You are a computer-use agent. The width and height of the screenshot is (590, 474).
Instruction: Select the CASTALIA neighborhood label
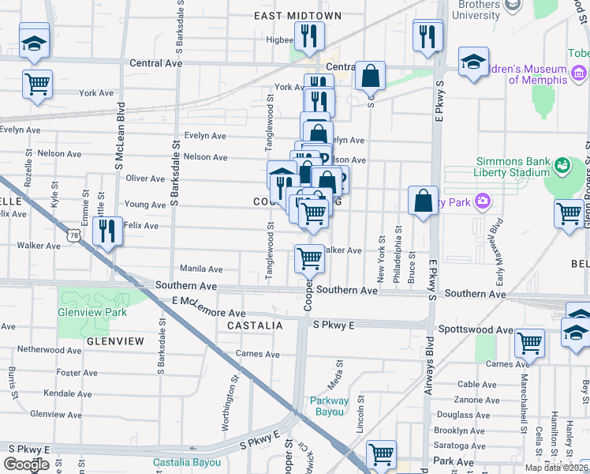[x=255, y=325]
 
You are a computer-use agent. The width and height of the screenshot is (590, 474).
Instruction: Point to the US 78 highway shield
[x=74, y=235]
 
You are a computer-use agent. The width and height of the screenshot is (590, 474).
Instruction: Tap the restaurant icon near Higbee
[x=308, y=36]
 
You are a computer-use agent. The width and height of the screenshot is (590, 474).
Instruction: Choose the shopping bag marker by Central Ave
[x=370, y=76]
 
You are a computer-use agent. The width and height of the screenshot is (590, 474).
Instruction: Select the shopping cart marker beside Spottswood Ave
[x=529, y=343]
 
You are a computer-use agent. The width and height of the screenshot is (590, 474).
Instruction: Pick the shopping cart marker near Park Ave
[x=381, y=454]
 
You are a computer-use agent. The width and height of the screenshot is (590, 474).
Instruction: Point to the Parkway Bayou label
[x=328, y=406]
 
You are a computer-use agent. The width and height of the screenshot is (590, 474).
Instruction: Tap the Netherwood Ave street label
[x=45, y=348]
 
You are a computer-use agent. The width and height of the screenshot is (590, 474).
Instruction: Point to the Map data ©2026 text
[x=555, y=468]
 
